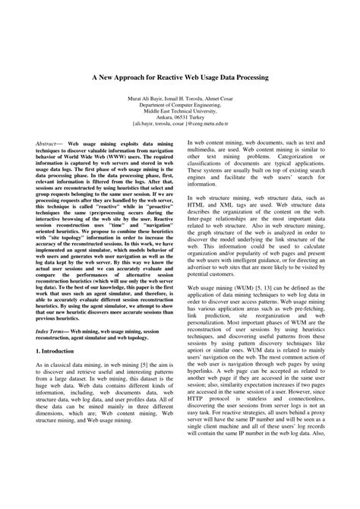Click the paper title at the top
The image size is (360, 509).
point(179,77)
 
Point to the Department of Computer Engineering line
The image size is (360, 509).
point(179,106)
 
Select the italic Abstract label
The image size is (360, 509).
point(51,143)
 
